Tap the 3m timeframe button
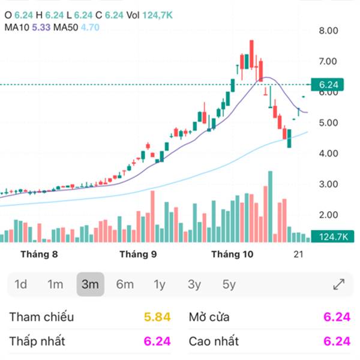pos(90,284)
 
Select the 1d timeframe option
pos(21,284)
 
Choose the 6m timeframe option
pos(125,284)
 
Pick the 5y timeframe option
pos(229,284)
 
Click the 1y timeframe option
pos(159,284)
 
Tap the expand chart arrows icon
pos(338,284)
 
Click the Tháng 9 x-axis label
pos(138,254)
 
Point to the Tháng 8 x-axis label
pos(39,254)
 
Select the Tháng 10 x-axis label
pos(232,254)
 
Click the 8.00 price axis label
pos(329,31)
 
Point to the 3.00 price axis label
pos(329,184)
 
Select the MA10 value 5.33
pos(40,27)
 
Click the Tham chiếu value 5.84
pos(158,317)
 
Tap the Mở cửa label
pos(209,317)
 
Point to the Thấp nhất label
pos(37,341)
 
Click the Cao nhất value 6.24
pos(337,341)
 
